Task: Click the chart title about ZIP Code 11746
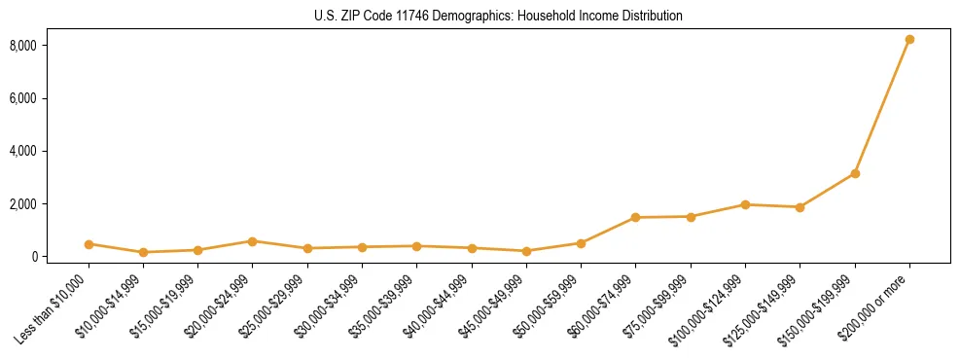(x=498, y=16)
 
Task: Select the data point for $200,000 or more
(x=909, y=40)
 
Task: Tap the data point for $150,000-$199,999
(x=855, y=173)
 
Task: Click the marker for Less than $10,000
(x=89, y=244)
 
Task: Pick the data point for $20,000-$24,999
(x=252, y=241)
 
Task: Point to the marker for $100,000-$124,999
(x=745, y=204)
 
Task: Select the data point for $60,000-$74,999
(x=635, y=217)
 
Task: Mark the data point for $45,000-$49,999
(x=526, y=251)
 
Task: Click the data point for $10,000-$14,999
(x=143, y=252)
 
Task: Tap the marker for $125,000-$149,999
(x=800, y=207)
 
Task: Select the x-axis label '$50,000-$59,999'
(x=550, y=306)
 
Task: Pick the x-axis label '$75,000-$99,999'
(x=658, y=306)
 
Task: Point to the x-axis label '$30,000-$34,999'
(x=331, y=306)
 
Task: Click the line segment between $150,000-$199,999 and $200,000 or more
(x=882, y=107)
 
